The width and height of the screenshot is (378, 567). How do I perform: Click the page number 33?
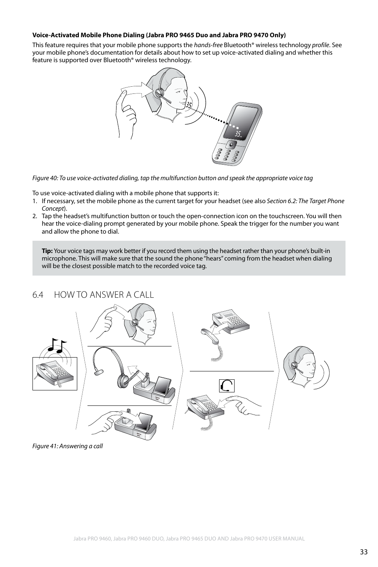click(x=364, y=552)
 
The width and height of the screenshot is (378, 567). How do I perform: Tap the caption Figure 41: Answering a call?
click(x=67, y=446)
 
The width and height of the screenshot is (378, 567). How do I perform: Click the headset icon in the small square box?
click(x=226, y=386)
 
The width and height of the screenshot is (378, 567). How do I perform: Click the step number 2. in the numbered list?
click(x=35, y=216)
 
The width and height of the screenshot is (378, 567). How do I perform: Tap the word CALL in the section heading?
click(x=142, y=295)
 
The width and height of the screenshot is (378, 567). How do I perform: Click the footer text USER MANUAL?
click(x=285, y=539)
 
